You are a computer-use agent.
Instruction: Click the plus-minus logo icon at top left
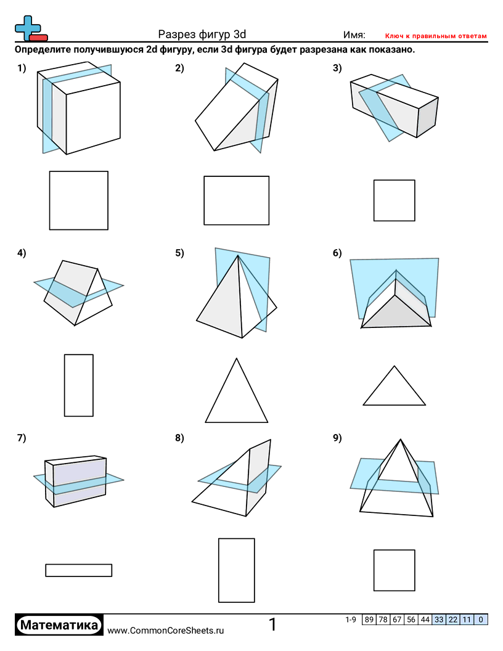(30, 28)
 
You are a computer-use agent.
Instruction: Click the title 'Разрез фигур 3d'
(202, 35)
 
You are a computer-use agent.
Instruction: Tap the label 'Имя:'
(354, 35)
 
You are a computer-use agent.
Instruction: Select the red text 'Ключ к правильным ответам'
(436, 36)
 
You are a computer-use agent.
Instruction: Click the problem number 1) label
(22, 68)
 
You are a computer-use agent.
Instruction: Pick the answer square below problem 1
(78, 200)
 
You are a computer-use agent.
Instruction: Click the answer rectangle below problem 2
(236, 200)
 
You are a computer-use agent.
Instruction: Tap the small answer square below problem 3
(394, 200)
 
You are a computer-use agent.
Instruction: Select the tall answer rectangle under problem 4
(78, 385)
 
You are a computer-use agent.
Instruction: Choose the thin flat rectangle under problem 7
(78, 570)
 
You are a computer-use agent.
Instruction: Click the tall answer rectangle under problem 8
(236, 570)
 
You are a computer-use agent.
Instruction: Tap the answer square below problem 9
(394, 570)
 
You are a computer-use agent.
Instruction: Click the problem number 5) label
(179, 253)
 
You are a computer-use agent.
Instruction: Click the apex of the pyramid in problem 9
(401, 439)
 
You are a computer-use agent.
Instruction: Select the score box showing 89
(369, 620)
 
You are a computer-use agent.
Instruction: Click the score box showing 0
(481, 620)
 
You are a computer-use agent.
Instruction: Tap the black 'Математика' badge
(59, 625)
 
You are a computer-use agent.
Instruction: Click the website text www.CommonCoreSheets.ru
(165, 630)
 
